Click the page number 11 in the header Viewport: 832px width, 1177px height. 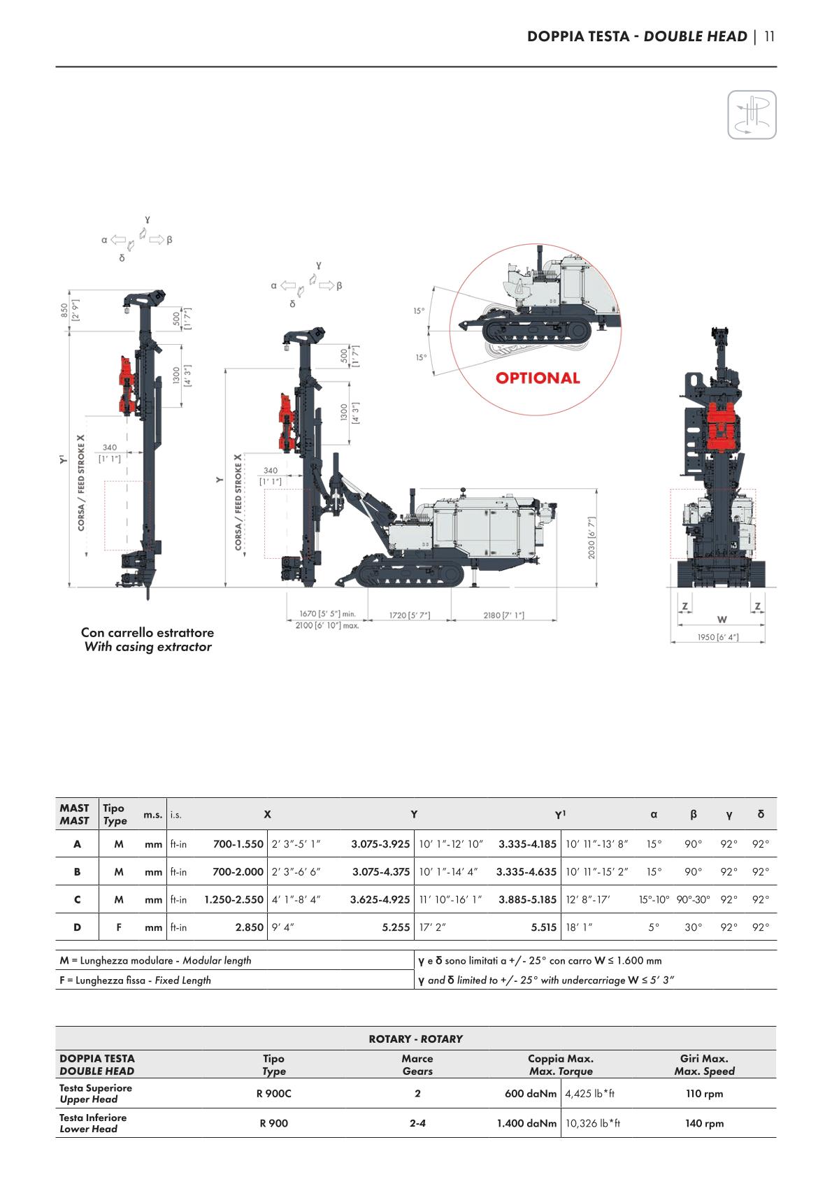(x=769, y=36)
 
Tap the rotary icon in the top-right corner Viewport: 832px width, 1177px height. (x=752, y=115)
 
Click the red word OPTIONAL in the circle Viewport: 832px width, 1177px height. (x=538, y=378)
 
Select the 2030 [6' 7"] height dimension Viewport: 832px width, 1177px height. (x=592, y=538)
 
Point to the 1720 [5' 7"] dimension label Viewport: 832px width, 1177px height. (x=410, y=615)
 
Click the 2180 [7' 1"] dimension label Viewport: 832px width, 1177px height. (x=503, y=615)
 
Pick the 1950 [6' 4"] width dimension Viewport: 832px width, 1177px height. (x=717, y=637)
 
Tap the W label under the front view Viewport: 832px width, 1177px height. (x=722, y=620)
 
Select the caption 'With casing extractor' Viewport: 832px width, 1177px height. (x=148, y=647)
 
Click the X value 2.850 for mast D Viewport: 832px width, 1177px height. (x=250, y=927)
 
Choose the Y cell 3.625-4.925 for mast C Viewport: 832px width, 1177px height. (x=380, y=899)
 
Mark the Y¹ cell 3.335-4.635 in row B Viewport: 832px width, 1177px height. (x=526, y=872)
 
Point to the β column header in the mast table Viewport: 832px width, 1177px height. (x=693, y=814)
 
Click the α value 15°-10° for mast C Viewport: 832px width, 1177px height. (x=654, y=899)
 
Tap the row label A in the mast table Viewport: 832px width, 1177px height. (x=77, y=844)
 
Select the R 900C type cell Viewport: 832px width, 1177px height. (x=273, y=1094)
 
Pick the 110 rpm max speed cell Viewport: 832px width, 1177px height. (x=704, y=1094)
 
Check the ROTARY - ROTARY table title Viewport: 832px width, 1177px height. (x=415, y=1039)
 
